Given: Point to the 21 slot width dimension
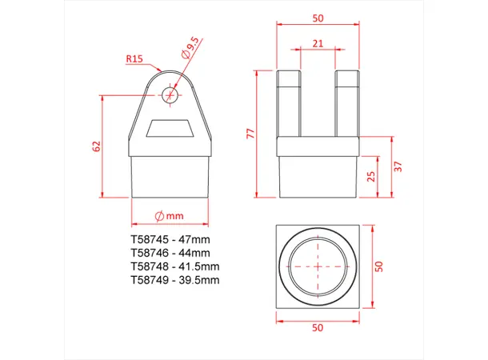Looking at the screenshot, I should click(318, 44).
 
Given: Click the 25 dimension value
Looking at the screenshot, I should click(370, 176).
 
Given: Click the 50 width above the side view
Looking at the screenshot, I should click(318, 18).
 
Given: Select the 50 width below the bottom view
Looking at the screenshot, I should click(318, 327).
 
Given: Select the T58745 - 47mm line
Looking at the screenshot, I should click(170, 239).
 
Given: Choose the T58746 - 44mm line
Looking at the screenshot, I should click(170, 253).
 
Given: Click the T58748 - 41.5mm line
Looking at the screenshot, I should click(174, 266).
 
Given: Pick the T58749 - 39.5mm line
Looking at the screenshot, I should click(174, 280).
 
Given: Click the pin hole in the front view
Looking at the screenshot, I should click(170, 94).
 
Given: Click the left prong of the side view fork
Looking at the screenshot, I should click(288, 102).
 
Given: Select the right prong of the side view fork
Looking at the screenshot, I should click(348, 102).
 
